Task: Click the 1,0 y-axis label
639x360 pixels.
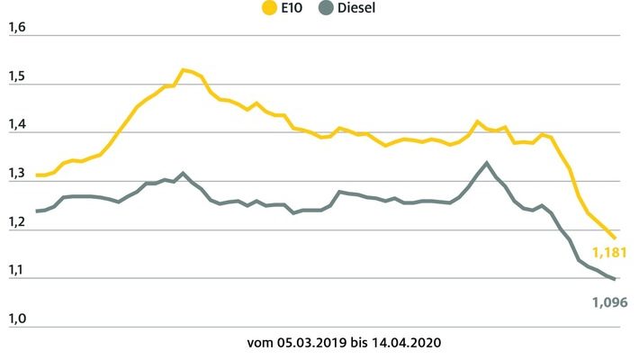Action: coord(17,319)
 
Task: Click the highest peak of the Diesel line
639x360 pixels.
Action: coord(487,163)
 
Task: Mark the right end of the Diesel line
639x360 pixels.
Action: coord(615,280)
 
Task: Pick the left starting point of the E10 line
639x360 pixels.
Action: coord(37,175)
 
